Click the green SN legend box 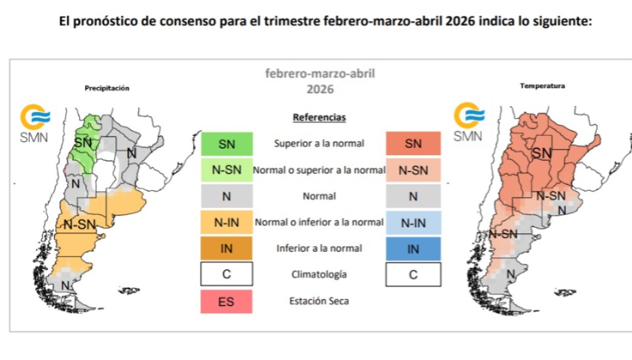pos(226,144)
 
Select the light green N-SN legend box pos(226,170)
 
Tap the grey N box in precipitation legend pos(226,196)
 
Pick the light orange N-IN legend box pos(226,222)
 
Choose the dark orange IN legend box pos(226,248)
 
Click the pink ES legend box pos(226,301)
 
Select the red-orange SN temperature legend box pos(413,144)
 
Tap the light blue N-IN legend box pos(413,222)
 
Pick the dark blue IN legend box pos(413,248)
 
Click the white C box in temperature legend pos(413,275)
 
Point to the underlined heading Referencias pos(319,117)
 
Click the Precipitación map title pos(107,88)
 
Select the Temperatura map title pos(542,86)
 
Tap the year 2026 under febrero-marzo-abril pos(320,89)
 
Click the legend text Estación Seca pos(319,301)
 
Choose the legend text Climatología pos(319,275)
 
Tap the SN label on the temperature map pos(542,155)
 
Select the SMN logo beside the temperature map pos(468,122)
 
